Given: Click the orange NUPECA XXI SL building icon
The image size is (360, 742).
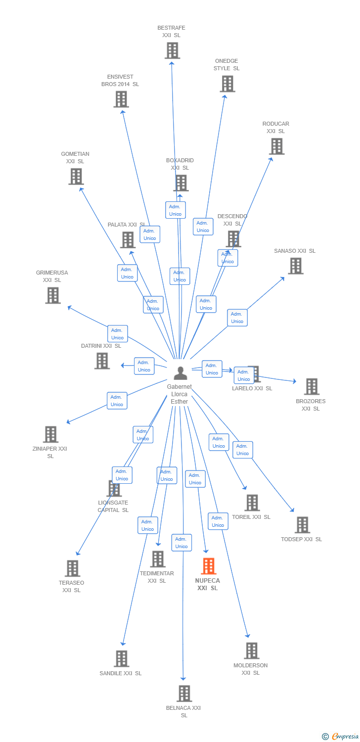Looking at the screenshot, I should click(x=209, y=566).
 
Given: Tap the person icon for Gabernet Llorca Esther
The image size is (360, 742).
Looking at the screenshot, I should click(x=180, y=373).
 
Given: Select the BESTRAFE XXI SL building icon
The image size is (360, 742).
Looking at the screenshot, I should click(x=172, y=50).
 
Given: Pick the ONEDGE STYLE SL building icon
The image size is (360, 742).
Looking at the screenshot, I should click(x=227, y=84).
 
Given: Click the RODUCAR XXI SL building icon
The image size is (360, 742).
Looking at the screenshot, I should click(x=276, y=146).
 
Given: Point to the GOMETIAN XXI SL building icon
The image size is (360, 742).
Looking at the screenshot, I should click(x=76, y=177).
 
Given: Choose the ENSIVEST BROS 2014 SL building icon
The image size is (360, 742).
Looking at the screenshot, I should click(x=121, y=99).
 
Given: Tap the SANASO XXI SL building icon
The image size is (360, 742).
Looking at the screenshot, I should click(x=295, y=266).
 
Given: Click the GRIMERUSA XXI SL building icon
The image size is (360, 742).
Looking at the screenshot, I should click(x=52, y=295).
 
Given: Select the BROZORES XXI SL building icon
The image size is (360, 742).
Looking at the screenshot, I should click(x=311, y=386).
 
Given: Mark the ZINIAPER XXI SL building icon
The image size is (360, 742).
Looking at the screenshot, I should click(x=50, y=434).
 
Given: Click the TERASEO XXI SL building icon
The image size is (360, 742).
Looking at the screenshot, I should click(x=72, y=568).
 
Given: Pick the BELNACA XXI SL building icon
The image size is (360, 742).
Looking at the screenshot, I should click(x=184, y=694).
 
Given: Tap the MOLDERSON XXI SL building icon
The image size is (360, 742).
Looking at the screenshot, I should click(x=251, y=651).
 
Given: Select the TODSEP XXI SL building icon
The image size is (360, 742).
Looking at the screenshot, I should click(x=302, y=525).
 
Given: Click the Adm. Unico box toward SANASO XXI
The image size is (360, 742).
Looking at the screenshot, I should click(x=237, y=318).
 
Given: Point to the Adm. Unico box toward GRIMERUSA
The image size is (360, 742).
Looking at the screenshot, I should click(x=117, y=334).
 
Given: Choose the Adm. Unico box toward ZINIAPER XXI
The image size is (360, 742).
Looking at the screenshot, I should click(x=117, y=401).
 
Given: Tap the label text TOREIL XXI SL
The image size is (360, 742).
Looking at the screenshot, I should click(x=251, y=517).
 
